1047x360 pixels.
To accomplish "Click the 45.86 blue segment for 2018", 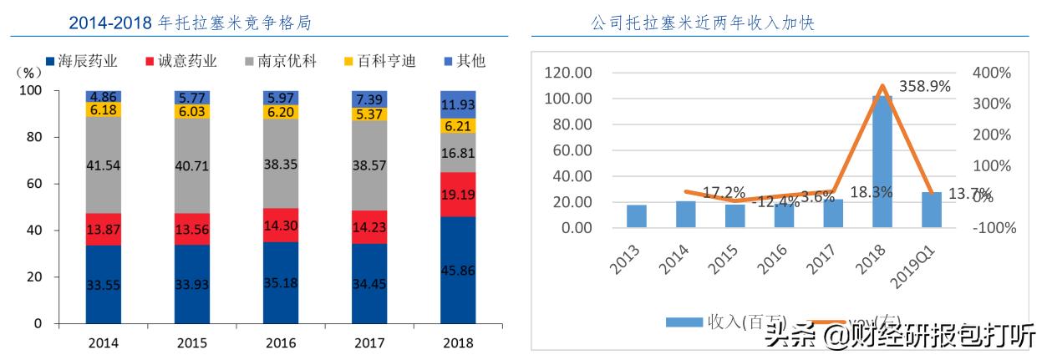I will [458, 270].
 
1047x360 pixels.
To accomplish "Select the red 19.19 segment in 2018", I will [458, 195].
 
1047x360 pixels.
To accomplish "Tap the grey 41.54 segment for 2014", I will [103, 165].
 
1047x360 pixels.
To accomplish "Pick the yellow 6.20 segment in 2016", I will [281, 111].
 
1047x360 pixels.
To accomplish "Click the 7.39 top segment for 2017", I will [369, 98].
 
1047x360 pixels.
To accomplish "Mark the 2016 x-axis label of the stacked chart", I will [281, 342].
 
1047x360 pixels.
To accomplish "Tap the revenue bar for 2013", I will [637, 216].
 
